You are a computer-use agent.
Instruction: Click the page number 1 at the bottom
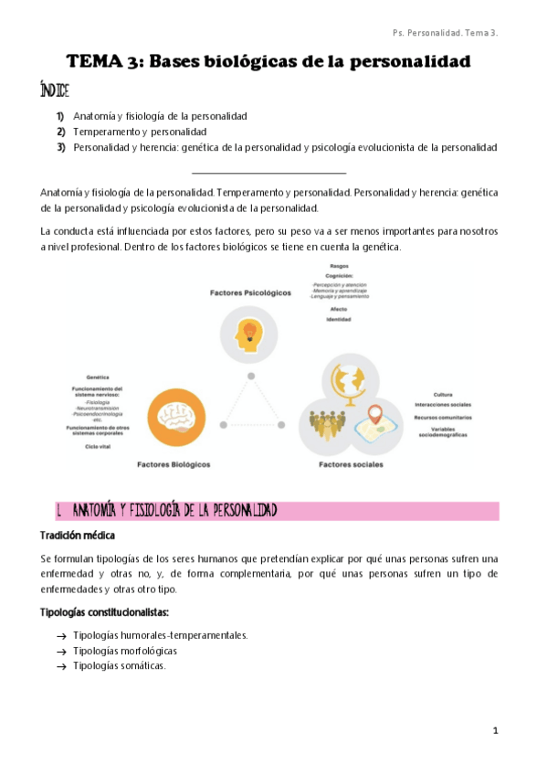(x=494, y=731)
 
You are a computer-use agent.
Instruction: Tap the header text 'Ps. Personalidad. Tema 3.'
(x=445, y=33)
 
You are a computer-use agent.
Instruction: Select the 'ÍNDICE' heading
(x=54, y=92)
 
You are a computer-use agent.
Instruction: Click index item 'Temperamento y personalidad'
(x=140, y=132)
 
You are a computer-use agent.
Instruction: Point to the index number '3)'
(x=60, y=147)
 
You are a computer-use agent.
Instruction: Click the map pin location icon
(x=375, y=419)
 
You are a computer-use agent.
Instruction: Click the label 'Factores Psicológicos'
(x=250, y=293)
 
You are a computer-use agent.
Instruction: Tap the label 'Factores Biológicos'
(x=173, y=464)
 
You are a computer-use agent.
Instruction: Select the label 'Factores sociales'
(x=351, y=464)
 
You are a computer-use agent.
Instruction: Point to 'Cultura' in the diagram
(x=444, y=394)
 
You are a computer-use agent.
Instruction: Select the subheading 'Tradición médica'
(x=78, y=536)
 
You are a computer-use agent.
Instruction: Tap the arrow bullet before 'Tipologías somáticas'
(x=60, y=667)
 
